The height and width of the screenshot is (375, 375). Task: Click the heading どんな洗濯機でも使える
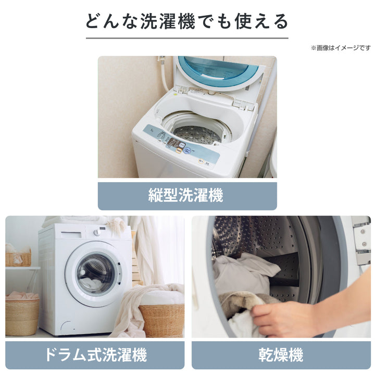click(x=187, y=21)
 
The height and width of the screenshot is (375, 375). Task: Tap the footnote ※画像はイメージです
click(x=341, y=48)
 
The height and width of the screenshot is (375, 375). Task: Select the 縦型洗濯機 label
click(x=187, y=196)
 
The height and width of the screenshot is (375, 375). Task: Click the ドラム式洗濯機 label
click(x=95, y=356)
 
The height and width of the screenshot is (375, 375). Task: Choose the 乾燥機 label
click(x=281, y=356)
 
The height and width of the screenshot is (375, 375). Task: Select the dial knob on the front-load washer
click(x=96, y=232)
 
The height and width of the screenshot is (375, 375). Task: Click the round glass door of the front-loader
click(x=93, y=273)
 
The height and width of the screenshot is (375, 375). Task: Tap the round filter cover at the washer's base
click(x=65, y=327)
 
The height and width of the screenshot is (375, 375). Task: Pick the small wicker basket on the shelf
click(x=18, y=258)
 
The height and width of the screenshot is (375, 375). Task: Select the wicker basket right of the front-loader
click(x=161, y=319)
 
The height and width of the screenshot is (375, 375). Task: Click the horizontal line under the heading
click(x=187, y=38)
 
